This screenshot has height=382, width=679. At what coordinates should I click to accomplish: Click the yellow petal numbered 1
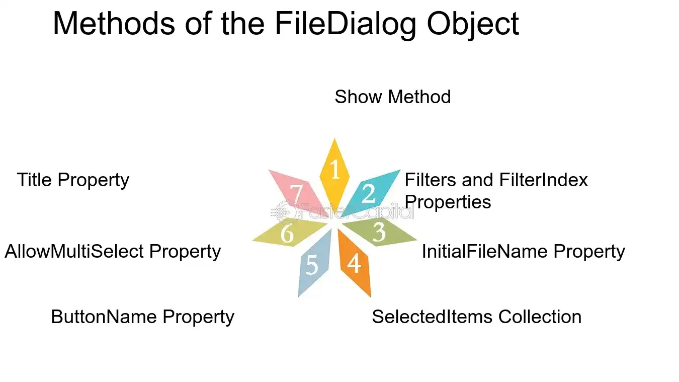tap(334, 175)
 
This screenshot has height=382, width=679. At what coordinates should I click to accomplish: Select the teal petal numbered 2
tap(370, 193)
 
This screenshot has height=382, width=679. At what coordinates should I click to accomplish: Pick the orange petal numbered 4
tap(354, 262)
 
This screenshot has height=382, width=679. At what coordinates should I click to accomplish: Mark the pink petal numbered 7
tap(299, 193)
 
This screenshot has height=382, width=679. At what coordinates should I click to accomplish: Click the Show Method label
tap(392, 97)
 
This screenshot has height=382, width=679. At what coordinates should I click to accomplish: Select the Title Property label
tap(73, 180)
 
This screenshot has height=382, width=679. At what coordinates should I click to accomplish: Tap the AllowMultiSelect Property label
tap(113, 252)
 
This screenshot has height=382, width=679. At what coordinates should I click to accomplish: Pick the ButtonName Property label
tap(142, 317)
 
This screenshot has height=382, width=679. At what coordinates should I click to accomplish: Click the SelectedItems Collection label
tap(476, 317)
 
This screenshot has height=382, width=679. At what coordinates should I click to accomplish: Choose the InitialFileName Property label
tap(523, 252)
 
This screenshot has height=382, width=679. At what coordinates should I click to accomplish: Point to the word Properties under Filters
tap(448, 202)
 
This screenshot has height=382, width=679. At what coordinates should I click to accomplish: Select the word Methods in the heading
tap(114, 24)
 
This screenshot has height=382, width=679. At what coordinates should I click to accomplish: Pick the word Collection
tap(540, 317)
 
